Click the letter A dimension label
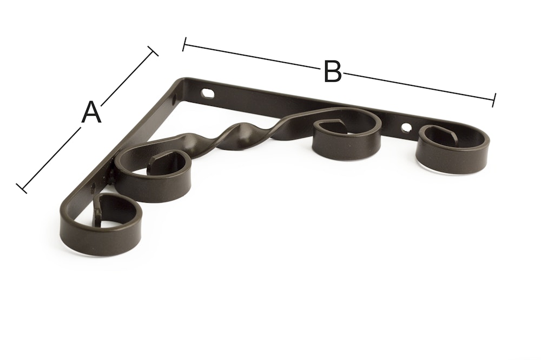(91, 112)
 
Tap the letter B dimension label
(333, 71)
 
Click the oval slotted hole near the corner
(207, 93)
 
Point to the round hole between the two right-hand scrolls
(407, 128)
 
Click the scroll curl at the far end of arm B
(453, 145)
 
